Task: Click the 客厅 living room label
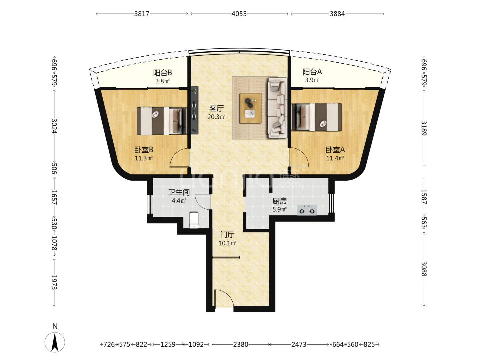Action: [x=216, y=108]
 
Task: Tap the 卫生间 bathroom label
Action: [x=179, y=192]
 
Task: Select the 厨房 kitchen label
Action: [x=279, y=201]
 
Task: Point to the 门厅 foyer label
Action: [x=227, y=235]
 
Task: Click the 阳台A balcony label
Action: [x=312, y=72]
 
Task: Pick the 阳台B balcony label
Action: [x=162, y=73]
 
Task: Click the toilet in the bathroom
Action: [x=194, y=220]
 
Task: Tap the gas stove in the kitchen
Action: [x=307, y=210]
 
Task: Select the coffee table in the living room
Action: [x=251, y=108]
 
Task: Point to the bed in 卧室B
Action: [x=162, y=121]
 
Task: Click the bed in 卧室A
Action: [x=316, y=117]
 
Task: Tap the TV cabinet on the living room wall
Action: [x=194, y=110]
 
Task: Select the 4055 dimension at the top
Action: [x=239, y=14]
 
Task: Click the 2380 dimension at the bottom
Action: [x=241, y=344]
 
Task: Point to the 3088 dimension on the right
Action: [x=424, y=269]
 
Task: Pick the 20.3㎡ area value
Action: [x=216, y=117]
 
